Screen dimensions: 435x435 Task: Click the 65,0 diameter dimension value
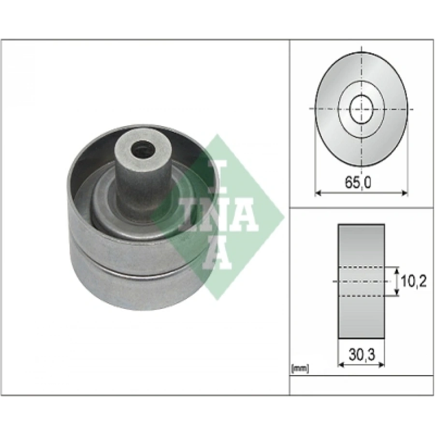coord(358,183)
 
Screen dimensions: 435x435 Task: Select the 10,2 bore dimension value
coord(413,282)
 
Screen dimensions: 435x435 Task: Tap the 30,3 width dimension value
coord(362,355)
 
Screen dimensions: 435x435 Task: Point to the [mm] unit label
coord(300,369)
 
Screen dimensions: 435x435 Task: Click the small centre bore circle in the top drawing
coord(361,109)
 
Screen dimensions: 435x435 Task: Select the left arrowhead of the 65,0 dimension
coord(318,192)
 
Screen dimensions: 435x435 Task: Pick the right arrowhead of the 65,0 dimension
coord(405,192)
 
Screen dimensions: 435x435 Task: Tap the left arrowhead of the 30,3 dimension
coord(341,365)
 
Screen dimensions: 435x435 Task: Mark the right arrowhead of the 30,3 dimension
coord(382,365)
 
